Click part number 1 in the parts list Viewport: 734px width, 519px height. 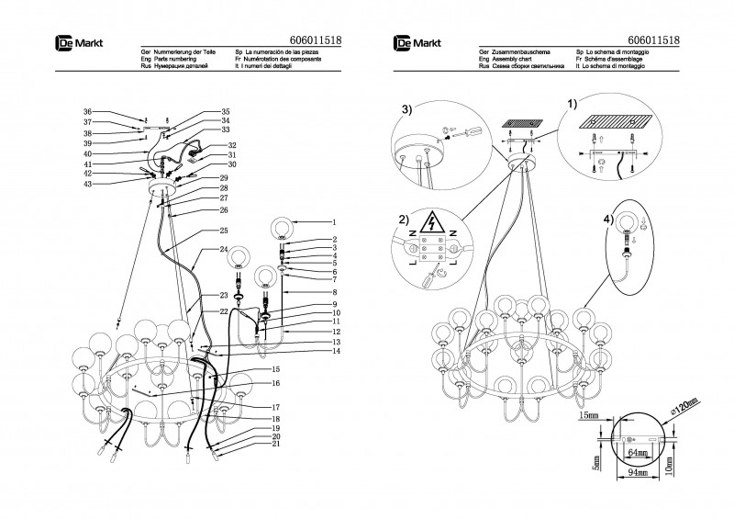point(335,222)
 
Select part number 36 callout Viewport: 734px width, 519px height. point(87,111)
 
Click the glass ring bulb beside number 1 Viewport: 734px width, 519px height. point(284,226)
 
